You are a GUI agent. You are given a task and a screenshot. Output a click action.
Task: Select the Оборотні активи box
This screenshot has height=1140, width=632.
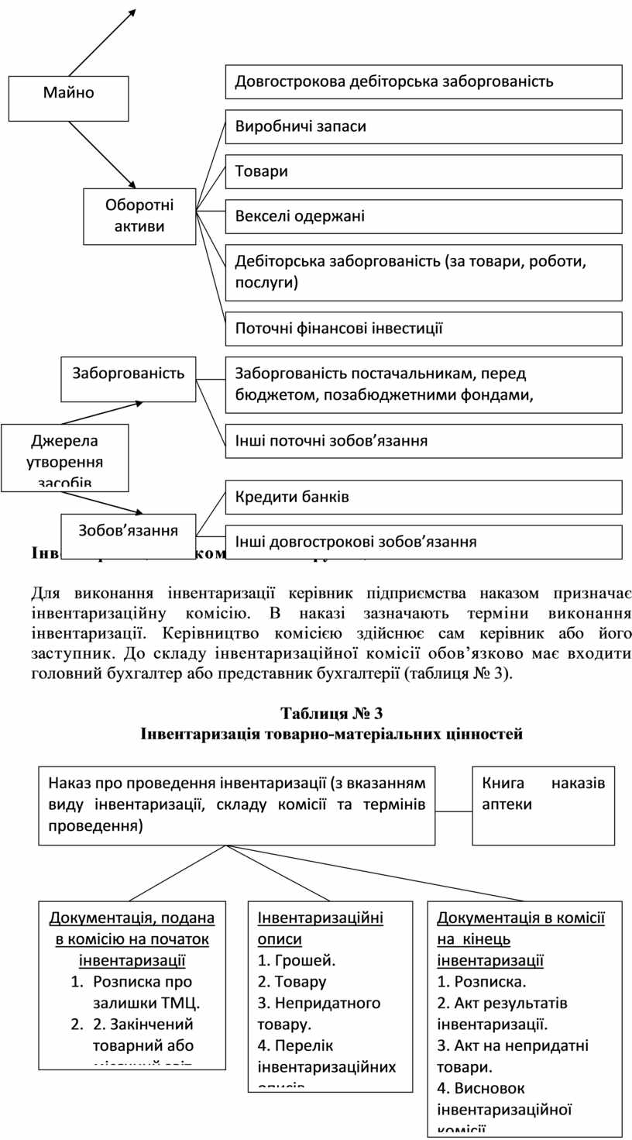(x=139, y=216)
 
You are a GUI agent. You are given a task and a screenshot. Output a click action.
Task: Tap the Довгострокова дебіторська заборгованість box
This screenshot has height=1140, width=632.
(x=424, y=81)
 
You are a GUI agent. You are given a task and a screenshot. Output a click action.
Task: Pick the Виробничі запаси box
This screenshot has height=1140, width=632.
(x=424, y=126)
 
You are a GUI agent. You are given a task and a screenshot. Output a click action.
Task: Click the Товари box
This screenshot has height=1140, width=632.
(x=424, y=171)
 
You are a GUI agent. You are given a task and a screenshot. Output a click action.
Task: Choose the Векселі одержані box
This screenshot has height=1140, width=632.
(x=424, y=216)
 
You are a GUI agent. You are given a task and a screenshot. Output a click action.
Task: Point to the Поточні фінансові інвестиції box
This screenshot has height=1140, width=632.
(x=424, y=329)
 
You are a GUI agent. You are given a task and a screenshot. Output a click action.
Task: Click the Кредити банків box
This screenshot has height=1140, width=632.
(x=424, y=497)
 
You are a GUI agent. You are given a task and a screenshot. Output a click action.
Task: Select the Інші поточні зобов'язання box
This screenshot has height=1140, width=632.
(x=424, y=441)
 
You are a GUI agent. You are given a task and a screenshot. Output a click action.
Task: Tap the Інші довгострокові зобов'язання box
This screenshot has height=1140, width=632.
(x=424, y=542)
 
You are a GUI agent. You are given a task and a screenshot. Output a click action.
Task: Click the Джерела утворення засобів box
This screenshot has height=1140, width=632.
(x=65, y=458)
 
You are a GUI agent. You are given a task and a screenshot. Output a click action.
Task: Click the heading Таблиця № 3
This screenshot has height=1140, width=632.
(x=331, y=713)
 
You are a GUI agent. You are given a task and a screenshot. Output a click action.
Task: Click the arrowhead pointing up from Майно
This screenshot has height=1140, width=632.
(x=132, y=12)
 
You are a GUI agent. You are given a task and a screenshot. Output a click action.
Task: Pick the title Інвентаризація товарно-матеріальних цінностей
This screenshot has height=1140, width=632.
(x=331, y=733)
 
